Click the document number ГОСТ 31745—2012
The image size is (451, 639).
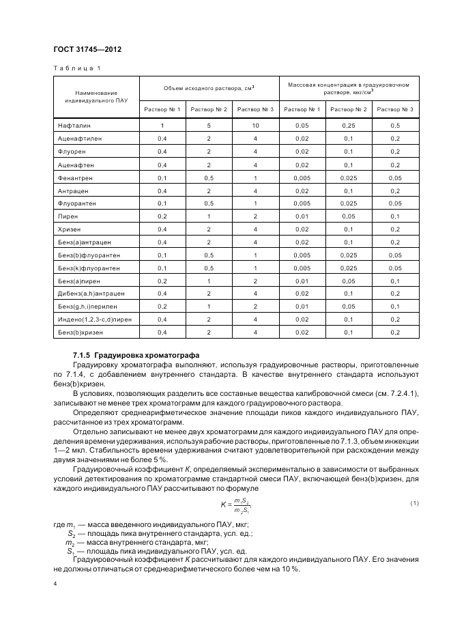point(87,48)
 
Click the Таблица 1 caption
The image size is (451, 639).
point(76,68)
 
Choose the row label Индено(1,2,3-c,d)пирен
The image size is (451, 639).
point(93,319)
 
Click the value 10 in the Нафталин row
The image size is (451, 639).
point(254,126)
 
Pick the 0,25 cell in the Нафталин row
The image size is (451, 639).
point(348,126)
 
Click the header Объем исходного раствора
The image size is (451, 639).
point(209,88)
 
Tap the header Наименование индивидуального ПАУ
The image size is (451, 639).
point(96,96)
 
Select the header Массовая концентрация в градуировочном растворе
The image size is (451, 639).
point(348,89)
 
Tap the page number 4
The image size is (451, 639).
point(55,584)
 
